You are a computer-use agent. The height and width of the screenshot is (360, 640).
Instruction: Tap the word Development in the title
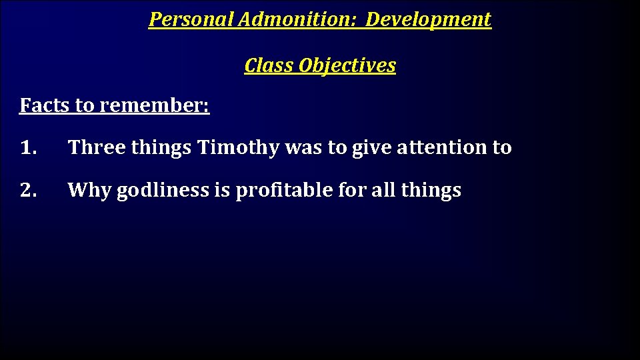428,20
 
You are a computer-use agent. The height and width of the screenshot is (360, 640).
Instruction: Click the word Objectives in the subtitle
347,65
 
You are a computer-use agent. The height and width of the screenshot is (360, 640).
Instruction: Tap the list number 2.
29,191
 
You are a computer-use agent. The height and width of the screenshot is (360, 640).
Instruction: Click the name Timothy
238,147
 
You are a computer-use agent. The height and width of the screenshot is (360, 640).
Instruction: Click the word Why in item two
89,191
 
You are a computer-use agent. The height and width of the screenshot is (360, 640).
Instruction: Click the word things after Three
161,147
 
